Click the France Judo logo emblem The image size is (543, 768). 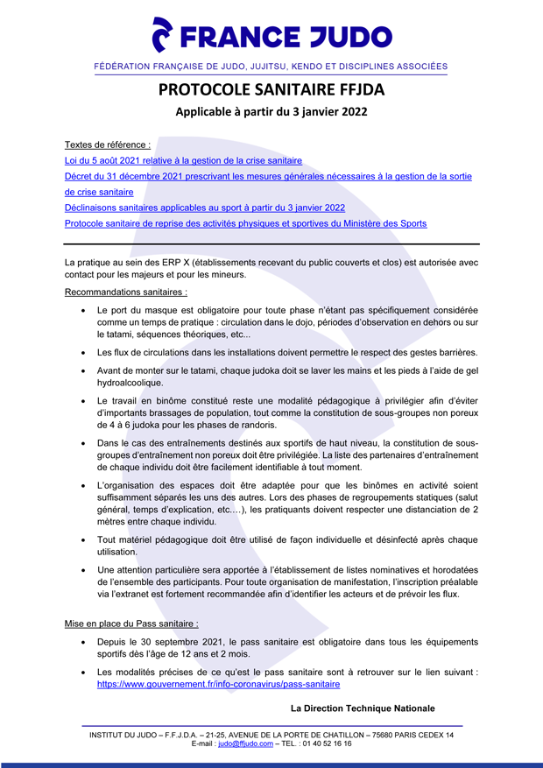coord(163,36)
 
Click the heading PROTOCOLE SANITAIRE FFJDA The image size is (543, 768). coord(271,89)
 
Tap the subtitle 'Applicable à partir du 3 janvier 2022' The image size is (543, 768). coord(271,112)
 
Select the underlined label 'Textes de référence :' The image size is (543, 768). coord(108,144)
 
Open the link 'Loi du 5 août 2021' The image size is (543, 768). coord(183,160)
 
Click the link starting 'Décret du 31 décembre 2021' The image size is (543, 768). coord(268,176)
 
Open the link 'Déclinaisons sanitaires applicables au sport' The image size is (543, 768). coord(204,208)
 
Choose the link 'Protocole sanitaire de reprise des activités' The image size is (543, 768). coord(245,223)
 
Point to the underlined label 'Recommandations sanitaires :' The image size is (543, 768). coord(125,292)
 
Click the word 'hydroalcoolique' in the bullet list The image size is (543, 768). coord(132,383)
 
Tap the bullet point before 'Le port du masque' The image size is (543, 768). coord(82,311)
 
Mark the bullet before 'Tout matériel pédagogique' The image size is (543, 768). coord(82,539)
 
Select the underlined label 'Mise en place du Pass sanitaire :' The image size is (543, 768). coord(131,624)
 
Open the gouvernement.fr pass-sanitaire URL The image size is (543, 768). coord(218,685)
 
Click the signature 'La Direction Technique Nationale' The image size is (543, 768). coord(362,708)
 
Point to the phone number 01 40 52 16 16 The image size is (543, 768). coord(326,743)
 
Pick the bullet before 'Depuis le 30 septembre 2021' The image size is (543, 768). coord(82,642)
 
